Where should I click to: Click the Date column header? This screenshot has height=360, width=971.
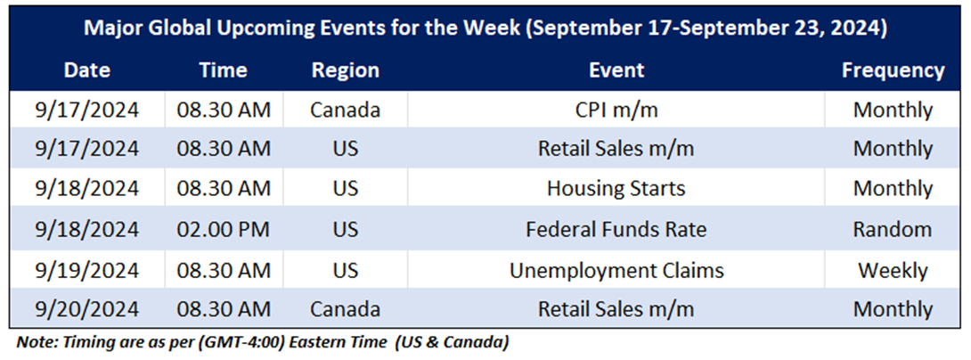click(x=86, y=70)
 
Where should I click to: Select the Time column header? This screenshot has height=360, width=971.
click(x=224, y=70)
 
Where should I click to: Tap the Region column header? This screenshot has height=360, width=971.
click(x=345, y=70)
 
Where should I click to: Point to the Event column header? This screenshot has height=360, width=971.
click(x=616, y=70)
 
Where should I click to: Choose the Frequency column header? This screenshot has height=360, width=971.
click(x=893, y=70)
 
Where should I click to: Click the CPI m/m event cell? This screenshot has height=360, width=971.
click(x=616, y=110)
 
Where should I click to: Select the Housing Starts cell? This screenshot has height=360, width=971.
click(x=616, y=188)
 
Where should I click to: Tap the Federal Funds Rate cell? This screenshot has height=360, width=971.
click(x=616, y=229)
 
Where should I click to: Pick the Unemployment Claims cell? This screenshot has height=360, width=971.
click(x=616, y=270)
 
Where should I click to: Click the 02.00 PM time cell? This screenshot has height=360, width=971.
click(x=224, y=229)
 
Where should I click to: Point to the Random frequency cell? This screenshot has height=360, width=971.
click(x=893, y=229)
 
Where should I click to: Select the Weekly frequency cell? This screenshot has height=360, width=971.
click(x=893, y=270)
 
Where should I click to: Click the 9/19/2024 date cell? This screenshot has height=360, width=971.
click(x=86, y=270)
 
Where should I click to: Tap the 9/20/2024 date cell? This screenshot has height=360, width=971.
click(x=86, y=308)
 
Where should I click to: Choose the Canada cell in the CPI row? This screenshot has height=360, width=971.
click(x=345, y=110)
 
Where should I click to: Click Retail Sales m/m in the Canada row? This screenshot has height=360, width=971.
click(x=616, y=308)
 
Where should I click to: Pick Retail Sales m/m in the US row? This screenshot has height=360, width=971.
click(x=616, y=149)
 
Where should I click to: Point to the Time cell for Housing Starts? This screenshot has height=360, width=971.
click(x=224, y=188)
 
